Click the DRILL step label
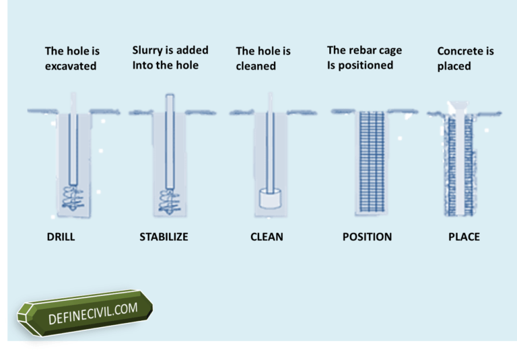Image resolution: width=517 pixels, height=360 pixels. click(x=61, y=237)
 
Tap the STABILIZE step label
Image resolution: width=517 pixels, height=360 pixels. click(x=164, y=237)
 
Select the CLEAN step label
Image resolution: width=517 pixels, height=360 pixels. click(x=266, y=237)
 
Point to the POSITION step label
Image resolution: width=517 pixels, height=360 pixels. click(x=367, y=237)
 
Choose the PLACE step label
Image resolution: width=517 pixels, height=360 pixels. click(x=464, y=237)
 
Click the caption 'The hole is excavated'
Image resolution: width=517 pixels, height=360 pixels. click(x=72, y=59)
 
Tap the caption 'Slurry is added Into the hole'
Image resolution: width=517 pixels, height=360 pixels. click(x=170, y=57)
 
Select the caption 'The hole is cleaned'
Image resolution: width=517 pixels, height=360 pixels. click(x=263, y=59)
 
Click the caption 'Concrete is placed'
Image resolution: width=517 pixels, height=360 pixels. click(x=465, y=59)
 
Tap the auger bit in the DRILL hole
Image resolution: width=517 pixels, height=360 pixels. click(x=71, y=195)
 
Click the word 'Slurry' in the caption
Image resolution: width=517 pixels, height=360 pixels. click(x=148, y=50)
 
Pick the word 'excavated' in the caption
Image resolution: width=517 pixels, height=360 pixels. click(x=71, y=66)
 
